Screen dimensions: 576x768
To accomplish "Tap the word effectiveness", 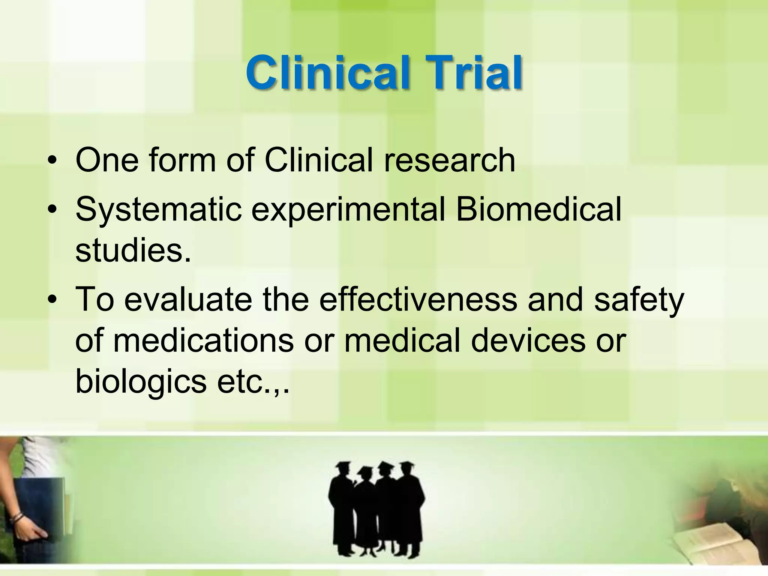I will coord(418,299).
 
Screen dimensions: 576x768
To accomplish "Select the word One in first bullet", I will coord(107,160).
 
